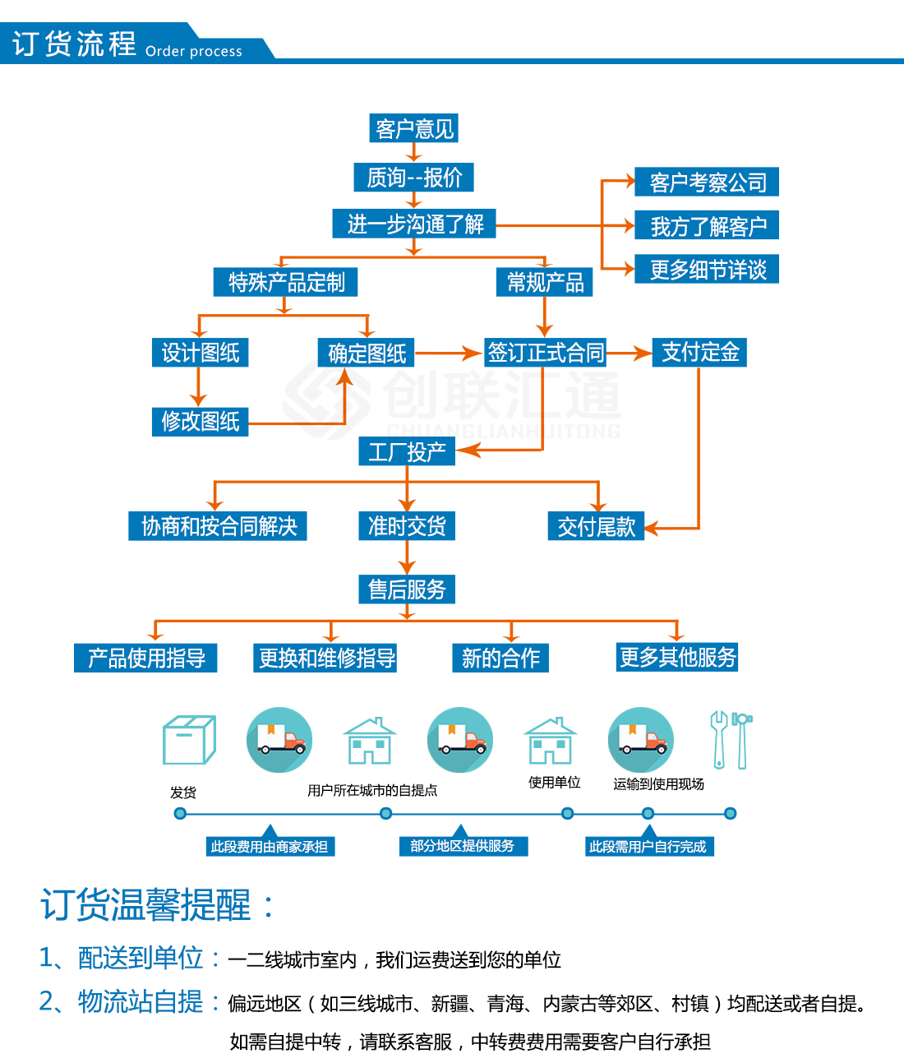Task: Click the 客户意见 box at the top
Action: (x=413, y=128)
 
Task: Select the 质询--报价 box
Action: (x=414, y=177)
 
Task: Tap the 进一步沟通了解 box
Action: (x=414, y=224)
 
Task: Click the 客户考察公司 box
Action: (x=707, y=182)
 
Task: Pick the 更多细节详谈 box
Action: (x=707, y=269)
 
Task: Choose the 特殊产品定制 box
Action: (x=286, y=282)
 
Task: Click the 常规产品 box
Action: (x=545, y=282)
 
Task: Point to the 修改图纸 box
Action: (x=200, y=421)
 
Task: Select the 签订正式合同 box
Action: (x=546, y=353)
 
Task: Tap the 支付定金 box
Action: (x=699, y=352)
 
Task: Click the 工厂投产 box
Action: (x=407, y=451)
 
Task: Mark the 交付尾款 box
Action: (x=596, y=526)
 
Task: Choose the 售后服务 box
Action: (x=407, y=589)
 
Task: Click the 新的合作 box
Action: (x=500, y=658)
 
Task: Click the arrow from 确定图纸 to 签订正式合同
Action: (x=448, y=354)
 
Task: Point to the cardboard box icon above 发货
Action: (x=189, y=740)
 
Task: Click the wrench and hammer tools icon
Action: (x=731, y=740)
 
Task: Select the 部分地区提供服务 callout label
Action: (x=462, y=846)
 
